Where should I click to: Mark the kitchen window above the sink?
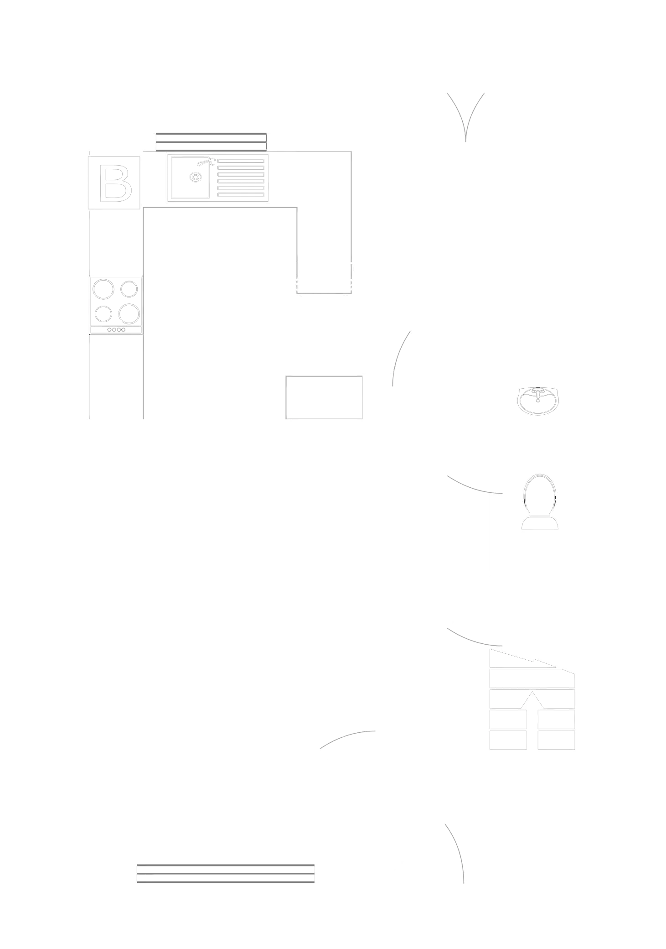click(211, 142)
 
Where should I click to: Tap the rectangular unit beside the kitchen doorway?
click(324, 396)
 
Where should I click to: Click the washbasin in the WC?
click(538, 401)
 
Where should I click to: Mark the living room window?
click(226, 872)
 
